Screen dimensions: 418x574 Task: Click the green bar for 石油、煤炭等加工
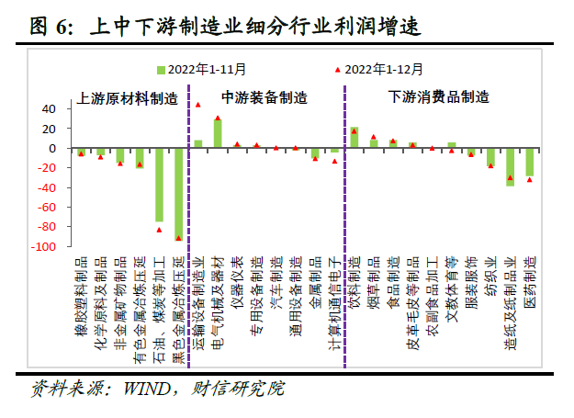(159, 185)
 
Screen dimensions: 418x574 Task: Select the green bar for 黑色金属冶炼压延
(178, 194)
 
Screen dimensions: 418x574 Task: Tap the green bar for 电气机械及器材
(218, 134)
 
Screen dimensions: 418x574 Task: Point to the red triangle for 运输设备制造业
(198, 105)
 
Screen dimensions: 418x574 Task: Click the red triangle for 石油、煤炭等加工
(159, 230)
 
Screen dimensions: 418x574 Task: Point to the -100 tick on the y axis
(44, 247)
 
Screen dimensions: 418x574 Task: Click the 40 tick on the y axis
(49, 108)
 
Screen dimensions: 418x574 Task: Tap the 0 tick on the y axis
(52, 148)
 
